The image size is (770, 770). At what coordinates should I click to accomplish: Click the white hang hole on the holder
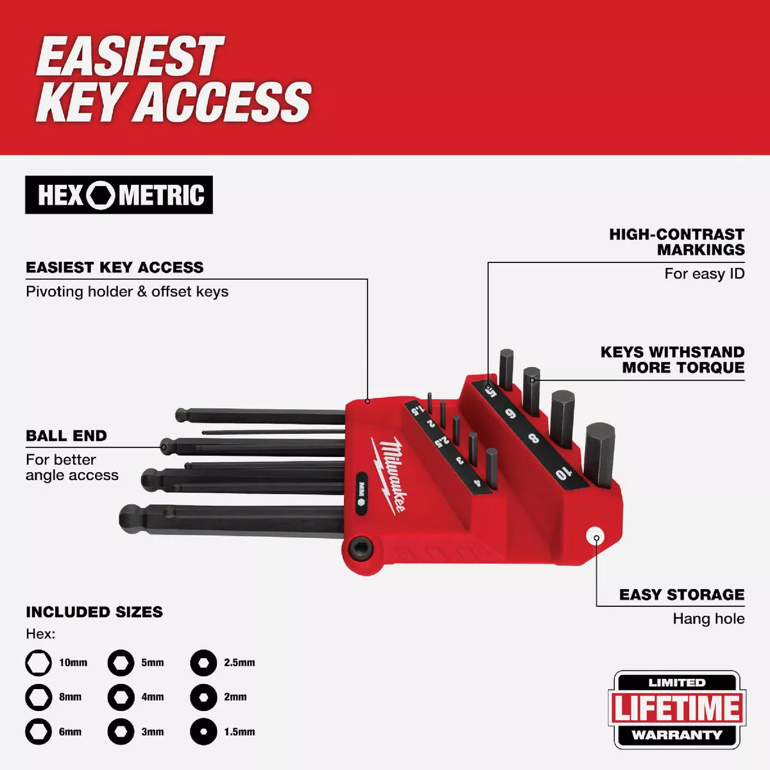coord(596,536)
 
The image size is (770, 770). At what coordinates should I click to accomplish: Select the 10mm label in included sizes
coord(73,663)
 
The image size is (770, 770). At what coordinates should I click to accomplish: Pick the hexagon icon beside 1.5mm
coord(203,732)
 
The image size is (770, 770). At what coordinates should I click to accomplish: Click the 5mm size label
coord(153,663)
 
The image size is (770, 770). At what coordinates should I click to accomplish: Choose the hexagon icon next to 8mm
coord(38,697)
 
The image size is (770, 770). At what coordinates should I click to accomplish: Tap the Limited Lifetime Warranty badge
coord(677,709)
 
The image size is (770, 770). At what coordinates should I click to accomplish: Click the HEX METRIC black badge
coord(119,195)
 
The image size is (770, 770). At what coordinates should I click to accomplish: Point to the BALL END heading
coord(66,436)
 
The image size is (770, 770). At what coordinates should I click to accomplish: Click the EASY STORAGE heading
coord(681,595)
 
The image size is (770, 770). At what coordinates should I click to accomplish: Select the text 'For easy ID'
coord(704,274)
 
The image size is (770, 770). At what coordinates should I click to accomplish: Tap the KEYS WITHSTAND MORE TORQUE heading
coord(672,360)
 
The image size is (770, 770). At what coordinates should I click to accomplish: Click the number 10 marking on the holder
coord(562,474)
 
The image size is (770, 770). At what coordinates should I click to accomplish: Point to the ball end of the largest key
coord(131,516)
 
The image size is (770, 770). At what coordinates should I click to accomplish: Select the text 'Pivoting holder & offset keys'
coord(127,292)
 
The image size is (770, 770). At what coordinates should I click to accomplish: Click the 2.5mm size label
coord(239,663)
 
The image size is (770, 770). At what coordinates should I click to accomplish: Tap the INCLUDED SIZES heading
coord(94,612)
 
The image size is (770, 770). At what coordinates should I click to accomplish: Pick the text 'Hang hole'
coord(708,619)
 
